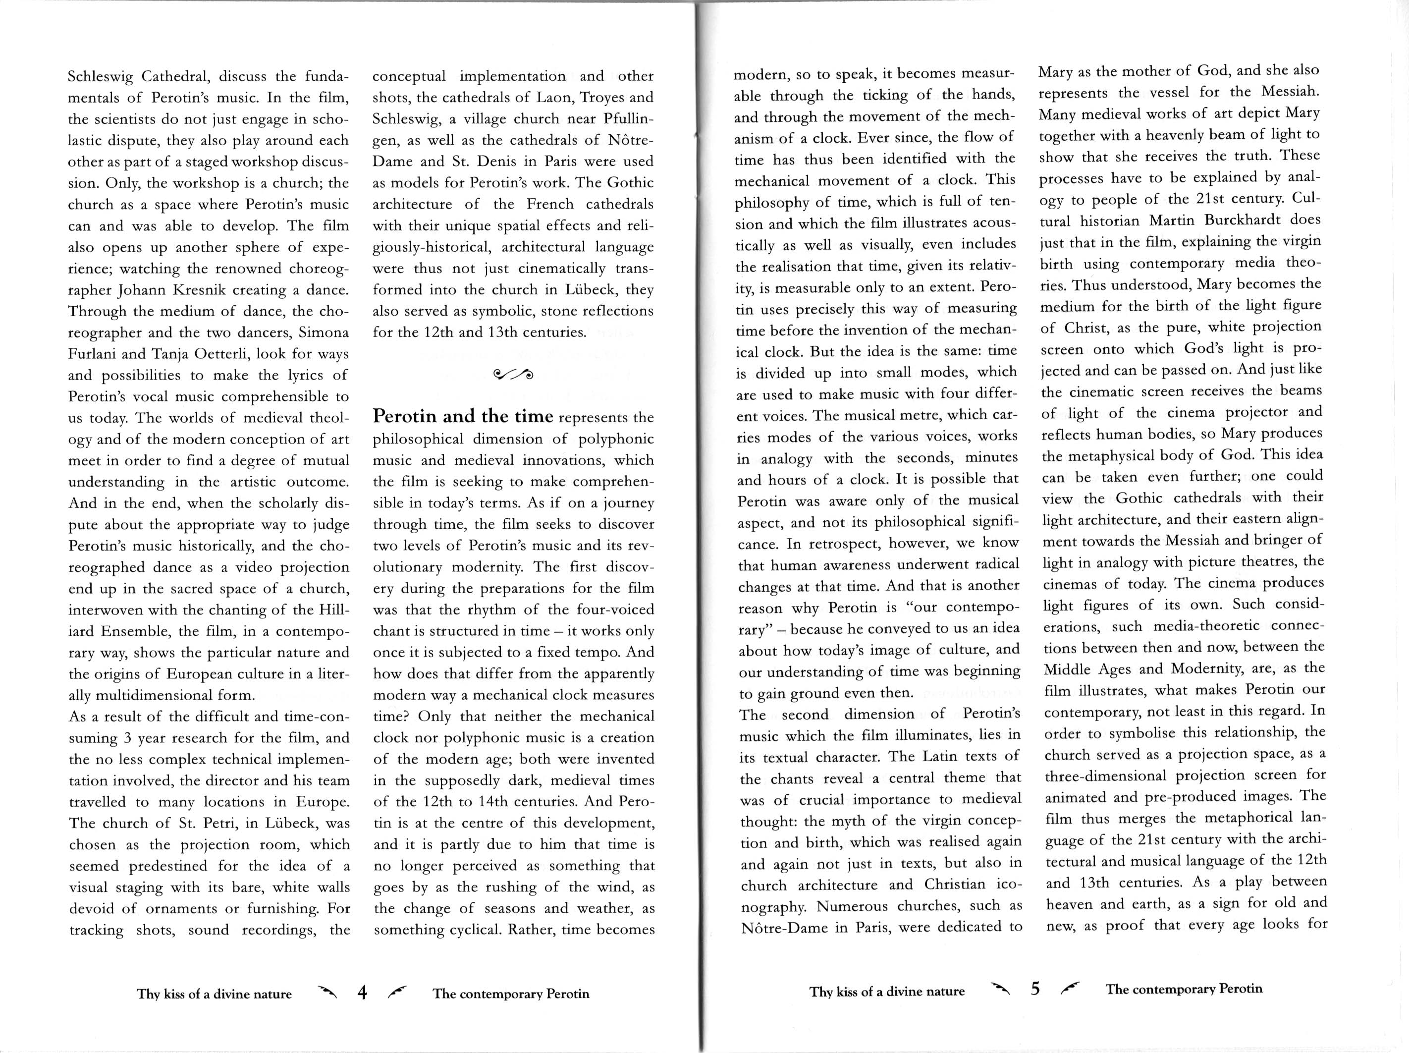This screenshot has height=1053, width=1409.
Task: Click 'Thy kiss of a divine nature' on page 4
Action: (214, 995)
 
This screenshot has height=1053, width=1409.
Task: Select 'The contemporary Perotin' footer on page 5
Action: (1184, 989)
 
